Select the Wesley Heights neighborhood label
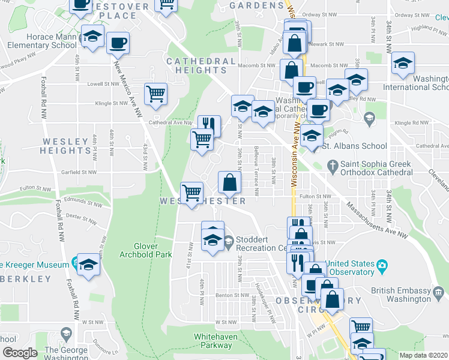tap(65, 145)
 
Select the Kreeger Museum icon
tap(74, 263)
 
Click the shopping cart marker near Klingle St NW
tap(155, 93)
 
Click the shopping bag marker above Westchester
tap(230, 181)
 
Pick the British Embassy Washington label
tap(401, 295)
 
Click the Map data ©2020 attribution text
tap(423, 355)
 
